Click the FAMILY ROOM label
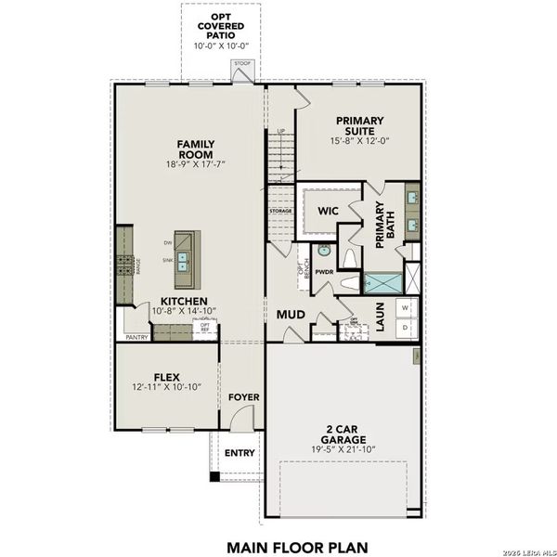point(196,149)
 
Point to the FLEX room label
point(166,377)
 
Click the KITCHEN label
point(183,302)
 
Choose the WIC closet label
point(327,211)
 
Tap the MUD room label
point(291,315)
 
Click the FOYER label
point(243,397)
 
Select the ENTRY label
point(240,453)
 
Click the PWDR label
point(324,272)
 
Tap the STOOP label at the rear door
point(242,64)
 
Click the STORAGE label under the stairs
point(280,211)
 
